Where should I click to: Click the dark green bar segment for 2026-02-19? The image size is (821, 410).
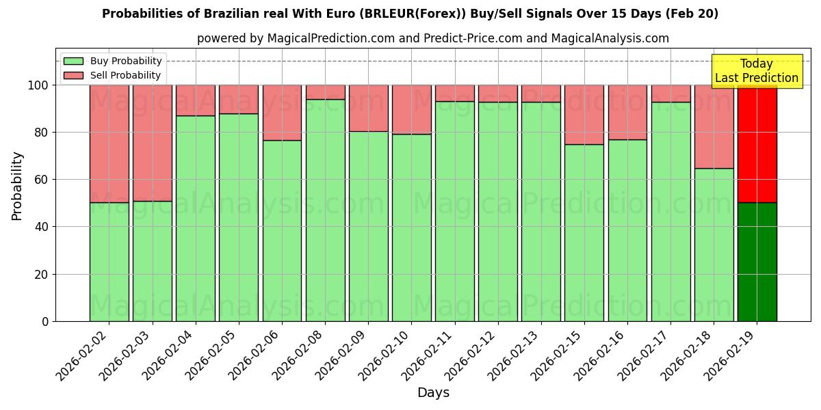pyautogui.click(x=757, y=262)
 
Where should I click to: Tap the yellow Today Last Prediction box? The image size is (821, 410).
pyautogui.click(x=756, y=71)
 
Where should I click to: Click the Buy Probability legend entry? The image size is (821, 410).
pyautogui.click(x=113, y=61)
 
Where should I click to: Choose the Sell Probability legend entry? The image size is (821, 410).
pyautogui.click(x=113, y=75)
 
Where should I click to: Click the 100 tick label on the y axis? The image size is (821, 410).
pyautogui.click(x=38, y=85)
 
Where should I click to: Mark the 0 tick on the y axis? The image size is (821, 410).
pyautogui.click(x=45, y=321)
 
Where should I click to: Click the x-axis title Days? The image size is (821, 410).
pyautogui.click(x=433, y=393)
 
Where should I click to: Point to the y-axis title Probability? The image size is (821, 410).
pyautogui.click(x=17, y=186)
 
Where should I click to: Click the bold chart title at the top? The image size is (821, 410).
pyautogui.click(x=410, y=14)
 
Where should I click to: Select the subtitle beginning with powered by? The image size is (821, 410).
pyautogui.click(x=432, y=38)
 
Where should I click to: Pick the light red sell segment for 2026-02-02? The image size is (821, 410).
pyautogui.click(x=109, y=143)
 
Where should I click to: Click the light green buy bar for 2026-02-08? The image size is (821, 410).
pyautogui.click(x=325, y=210)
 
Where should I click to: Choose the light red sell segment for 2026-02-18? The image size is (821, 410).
pyautogui.click(x=714, y=126)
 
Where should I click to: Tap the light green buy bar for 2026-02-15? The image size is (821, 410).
pyautogui.click(x=584, y=232)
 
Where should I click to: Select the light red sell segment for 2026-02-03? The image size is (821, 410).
pyautogui.click(x=152, y=143)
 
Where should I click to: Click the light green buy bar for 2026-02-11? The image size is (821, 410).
pyautogui.click(x=454, y=211)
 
